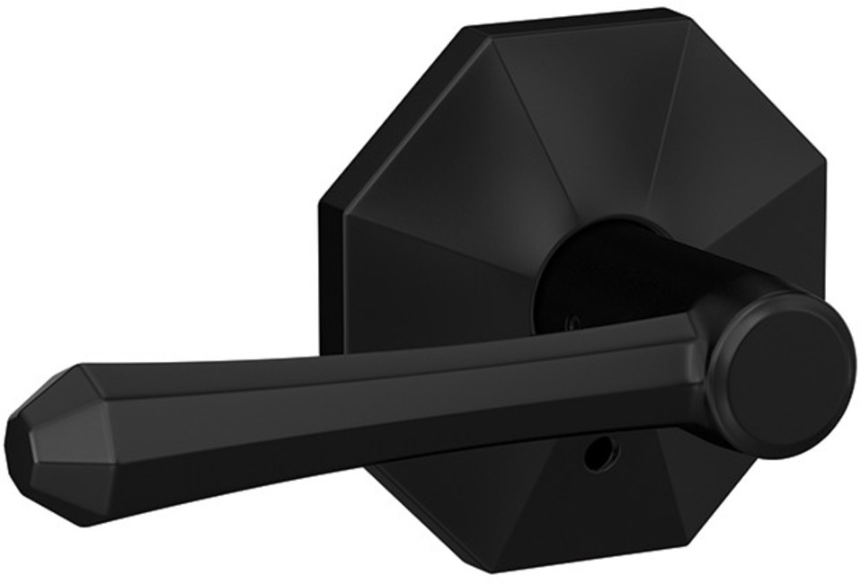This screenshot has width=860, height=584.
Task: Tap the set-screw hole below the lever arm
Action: [594, 456]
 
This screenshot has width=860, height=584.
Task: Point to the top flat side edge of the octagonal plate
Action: [575, 18]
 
